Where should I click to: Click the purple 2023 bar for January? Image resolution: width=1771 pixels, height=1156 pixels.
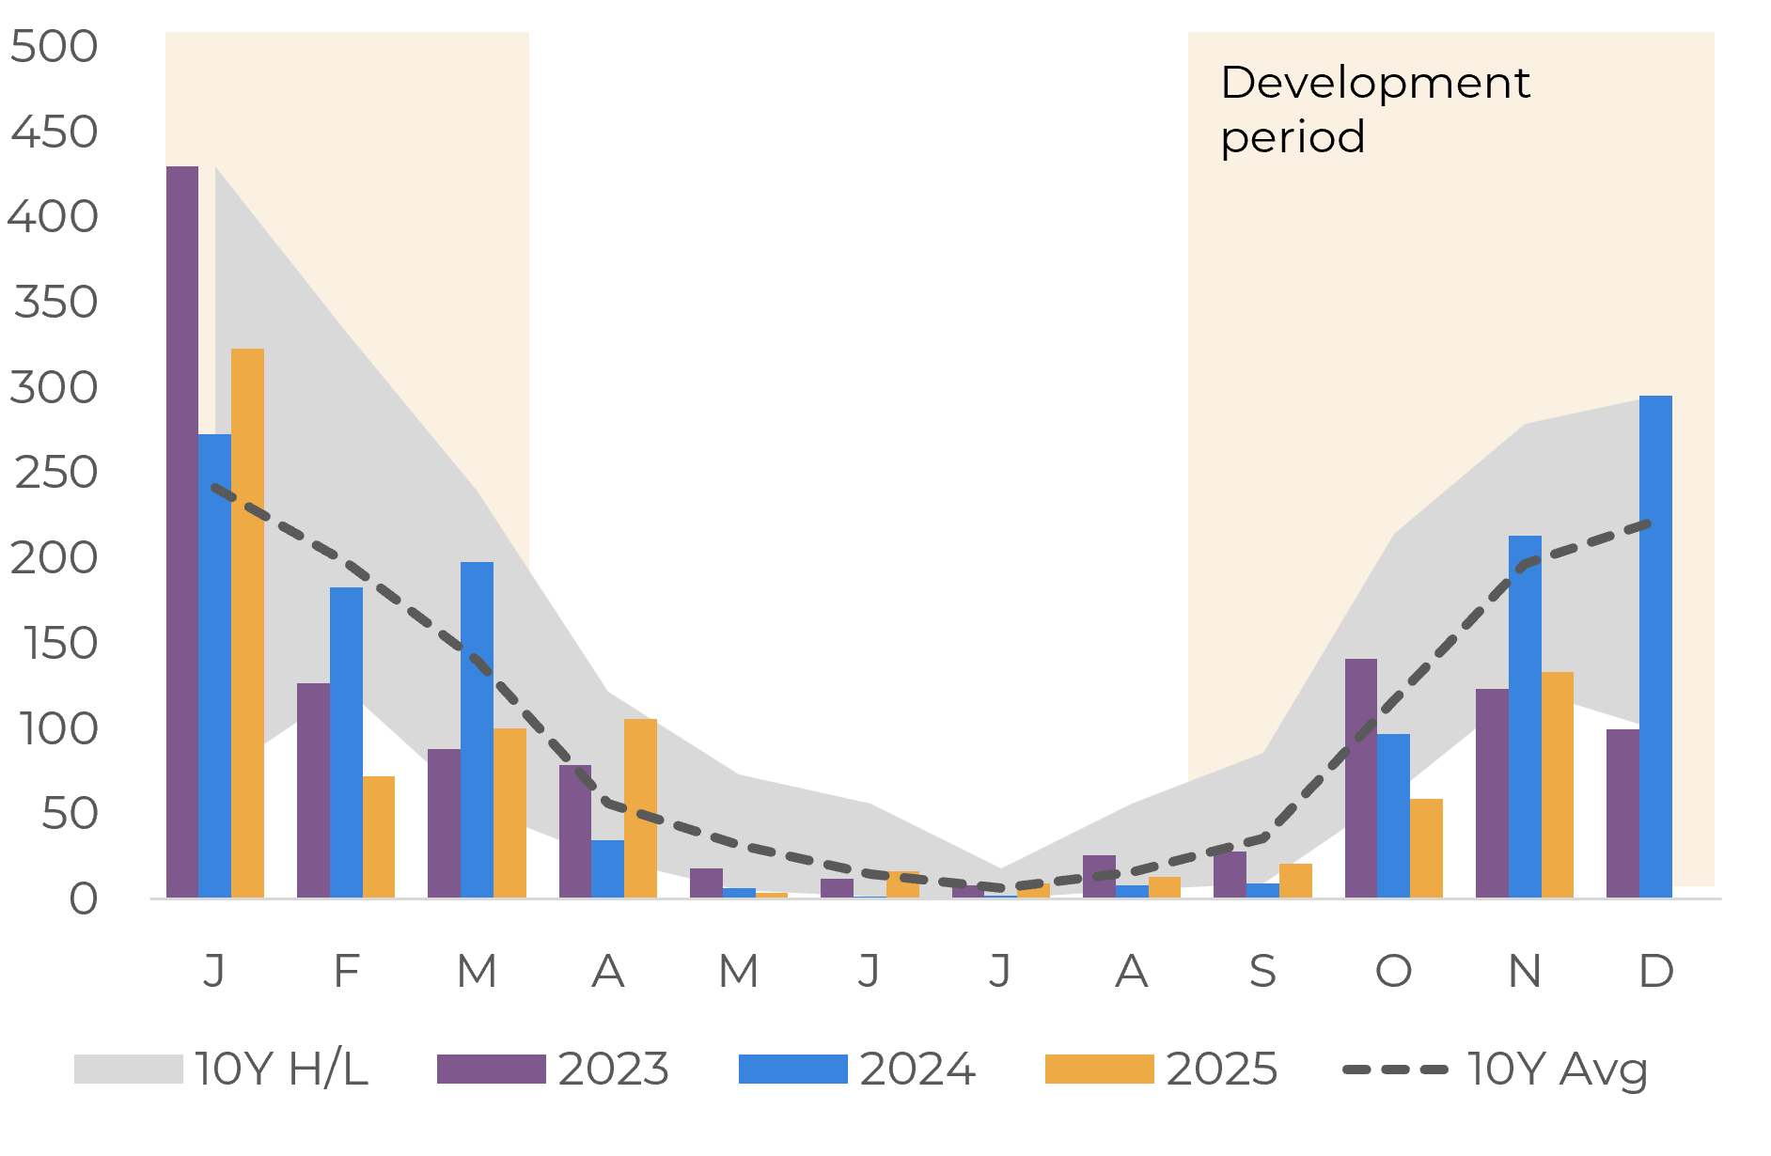(182, 531)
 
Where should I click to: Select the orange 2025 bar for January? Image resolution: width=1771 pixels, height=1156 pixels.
(247, 622)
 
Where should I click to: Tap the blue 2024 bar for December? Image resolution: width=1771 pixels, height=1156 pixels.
(1655, 647)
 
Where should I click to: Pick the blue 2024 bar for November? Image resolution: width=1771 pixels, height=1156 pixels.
(1525, 716)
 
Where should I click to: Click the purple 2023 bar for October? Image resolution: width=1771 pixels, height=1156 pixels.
(1360, 778)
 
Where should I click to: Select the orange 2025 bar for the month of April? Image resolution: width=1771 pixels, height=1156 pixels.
(640, 808)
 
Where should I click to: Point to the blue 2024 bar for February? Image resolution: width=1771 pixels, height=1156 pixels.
(346, 742)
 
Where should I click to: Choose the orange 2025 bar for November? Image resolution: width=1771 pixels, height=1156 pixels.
(1557, 785)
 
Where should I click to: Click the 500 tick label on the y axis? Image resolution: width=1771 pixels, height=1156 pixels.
(54, 46)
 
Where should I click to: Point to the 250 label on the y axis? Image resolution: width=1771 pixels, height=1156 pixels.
(55, 473)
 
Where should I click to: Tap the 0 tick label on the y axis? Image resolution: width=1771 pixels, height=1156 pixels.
(83, 899)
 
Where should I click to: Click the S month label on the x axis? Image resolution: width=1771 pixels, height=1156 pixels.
(1262, 971)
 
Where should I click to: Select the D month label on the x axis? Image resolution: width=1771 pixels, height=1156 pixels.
(1655, 971)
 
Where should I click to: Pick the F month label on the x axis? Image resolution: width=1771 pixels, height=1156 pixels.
(346, 971)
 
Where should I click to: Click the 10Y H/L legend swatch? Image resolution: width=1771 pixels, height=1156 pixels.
(128, 1070)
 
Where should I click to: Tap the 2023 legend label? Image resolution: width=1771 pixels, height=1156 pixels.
(613, 1070)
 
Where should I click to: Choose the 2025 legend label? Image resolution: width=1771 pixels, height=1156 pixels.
(1221, 1070)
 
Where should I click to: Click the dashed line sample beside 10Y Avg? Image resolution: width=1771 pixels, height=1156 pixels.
(1395, 1070)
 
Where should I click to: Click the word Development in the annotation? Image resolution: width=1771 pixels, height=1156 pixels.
(1374, 83)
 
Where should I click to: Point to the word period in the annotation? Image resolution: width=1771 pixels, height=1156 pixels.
(1293, 137)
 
